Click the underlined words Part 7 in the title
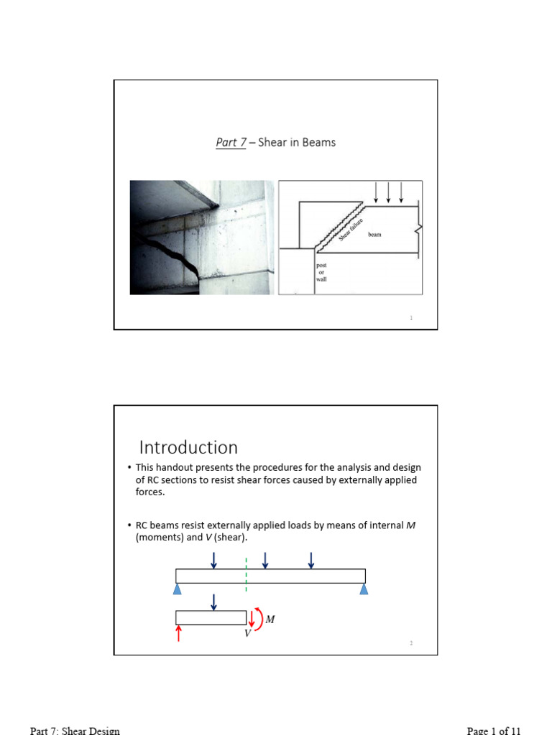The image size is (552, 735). coord(230,142)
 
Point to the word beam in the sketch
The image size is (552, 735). coord(374,235)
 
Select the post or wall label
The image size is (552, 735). coord(321,272)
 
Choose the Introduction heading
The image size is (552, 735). coord(188,447)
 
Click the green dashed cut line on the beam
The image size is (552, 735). coord(246,575)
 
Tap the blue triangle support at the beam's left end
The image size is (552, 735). coord(177,589)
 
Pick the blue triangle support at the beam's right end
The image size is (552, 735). coord(364,589)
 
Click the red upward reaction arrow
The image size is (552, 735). coord(179,632)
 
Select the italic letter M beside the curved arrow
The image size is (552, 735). coord(270,619)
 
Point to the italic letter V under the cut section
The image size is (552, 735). coord(247,634)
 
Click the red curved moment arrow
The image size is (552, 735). coord(260,619)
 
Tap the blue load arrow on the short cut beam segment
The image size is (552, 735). coord(213,602)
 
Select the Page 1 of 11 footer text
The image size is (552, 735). coord(494,731)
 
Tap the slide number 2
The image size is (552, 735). coord(411,644)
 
